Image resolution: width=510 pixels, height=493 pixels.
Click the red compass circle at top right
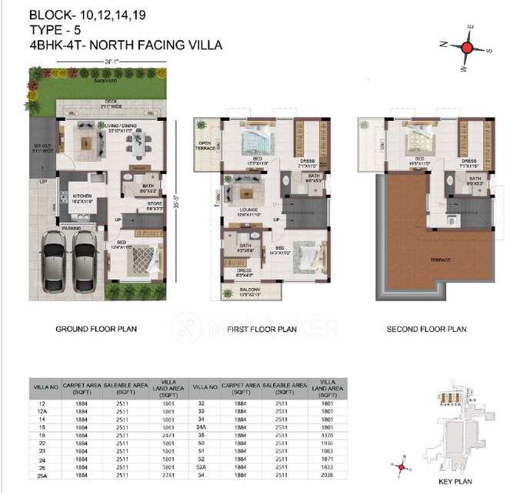pyautogui.click(x=467, y=47)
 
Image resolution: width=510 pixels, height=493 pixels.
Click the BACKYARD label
pyautogui.click(x=107, y=80)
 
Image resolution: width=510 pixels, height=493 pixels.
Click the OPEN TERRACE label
pyautogui.click(x=206, y=146)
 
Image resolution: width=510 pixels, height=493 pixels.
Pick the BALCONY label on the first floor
pyautogui.click(x=238, y=291)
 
